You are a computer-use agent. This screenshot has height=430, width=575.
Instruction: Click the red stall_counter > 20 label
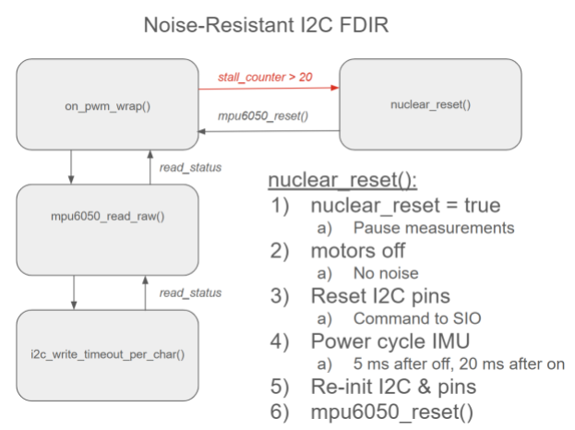[x=265, y=75]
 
